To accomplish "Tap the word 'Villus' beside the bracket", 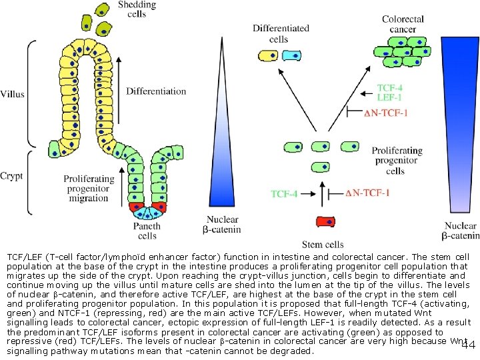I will click(x=13, y=94).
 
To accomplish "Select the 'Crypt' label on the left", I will click(x=11, y=176).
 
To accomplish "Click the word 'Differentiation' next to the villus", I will click(x=156, y=91).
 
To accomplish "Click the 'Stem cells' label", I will click(x=323, y=245).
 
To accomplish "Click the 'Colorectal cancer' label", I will click(x=403, y=24).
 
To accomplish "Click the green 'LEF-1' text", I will click(x=390, y=98).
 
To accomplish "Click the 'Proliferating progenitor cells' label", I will click(x=396, y=161).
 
